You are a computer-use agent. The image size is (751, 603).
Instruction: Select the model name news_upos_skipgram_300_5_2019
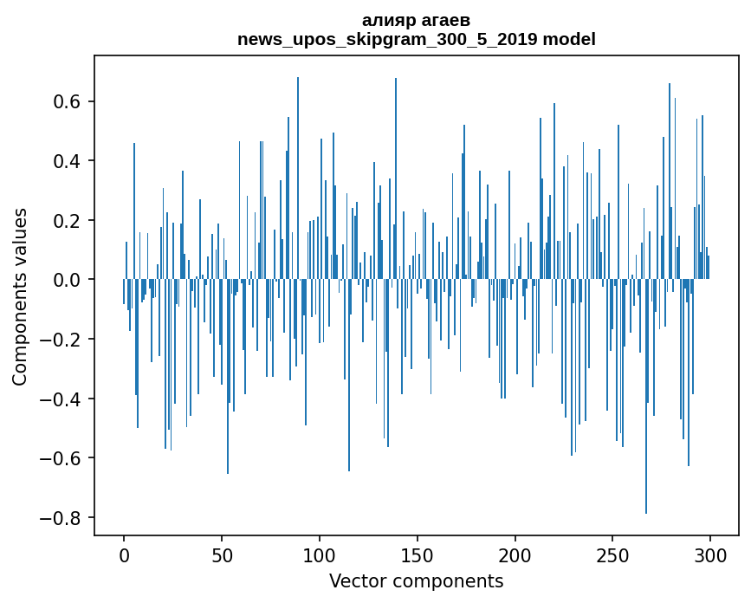pyautogui.click(x=387, y=40)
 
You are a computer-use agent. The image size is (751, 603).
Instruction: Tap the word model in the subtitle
pyautogui.click(x=569, y=39)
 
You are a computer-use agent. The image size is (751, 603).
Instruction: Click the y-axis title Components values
pyautogui.click(x=20, y=297)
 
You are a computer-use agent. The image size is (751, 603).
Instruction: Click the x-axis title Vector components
pyautogui.click(x=416, y=581)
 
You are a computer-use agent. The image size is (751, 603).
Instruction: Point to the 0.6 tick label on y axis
pyautogui.click(x=67, y=101)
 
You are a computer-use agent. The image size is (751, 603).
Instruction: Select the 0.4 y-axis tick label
pyautogui.click(x=67, y=161)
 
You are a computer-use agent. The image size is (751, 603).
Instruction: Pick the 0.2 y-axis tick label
pyautogui.click(x=67, y=220)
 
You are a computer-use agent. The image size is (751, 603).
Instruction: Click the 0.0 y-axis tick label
pyautogui.click(x=67, y=280)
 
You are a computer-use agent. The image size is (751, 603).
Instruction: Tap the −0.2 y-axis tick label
pyautogui.click(x=60, y=339)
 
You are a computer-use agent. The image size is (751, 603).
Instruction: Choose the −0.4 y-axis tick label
pyautogui.click(x=60, y=399)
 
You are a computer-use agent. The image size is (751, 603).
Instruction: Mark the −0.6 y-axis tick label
pyautogui.click(x=60, y=458)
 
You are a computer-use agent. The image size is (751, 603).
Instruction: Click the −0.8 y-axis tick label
pyautogui.click(x=60, y=518)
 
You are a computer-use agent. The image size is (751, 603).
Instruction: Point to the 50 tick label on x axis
pyautogui.click(x=222, y=556)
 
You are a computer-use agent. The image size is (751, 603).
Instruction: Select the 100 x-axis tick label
pyautogui.click(x=320, y=556)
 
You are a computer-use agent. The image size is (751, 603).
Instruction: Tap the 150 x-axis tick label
pyautogui.click(x=418, y=556)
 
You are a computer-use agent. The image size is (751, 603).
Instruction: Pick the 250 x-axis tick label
pyautogui.click(x=612, y=556)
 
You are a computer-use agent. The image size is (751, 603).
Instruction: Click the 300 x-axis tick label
pyautogui.click(x=710, y=556)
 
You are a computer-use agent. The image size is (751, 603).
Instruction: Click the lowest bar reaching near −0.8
pyautogui.click(x=646, y=397)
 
